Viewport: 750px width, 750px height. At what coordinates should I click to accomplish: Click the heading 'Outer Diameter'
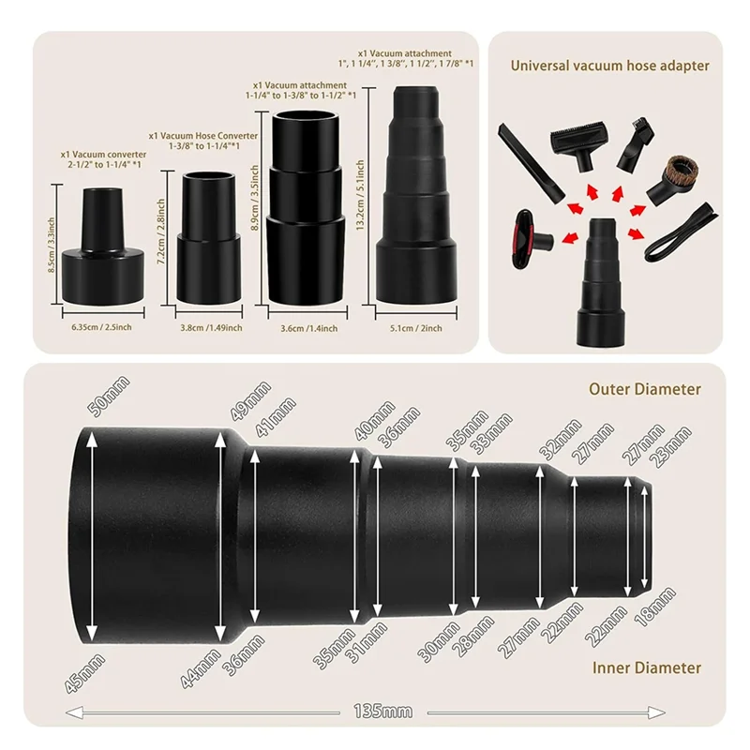click(x=644, y=389)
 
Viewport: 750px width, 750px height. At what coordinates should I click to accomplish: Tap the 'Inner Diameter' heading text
click(x=646, y=667)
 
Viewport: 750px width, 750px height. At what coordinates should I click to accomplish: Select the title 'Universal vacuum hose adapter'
click(x=609, y=66)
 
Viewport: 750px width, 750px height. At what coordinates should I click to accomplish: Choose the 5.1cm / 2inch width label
click(x=415, y=328)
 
